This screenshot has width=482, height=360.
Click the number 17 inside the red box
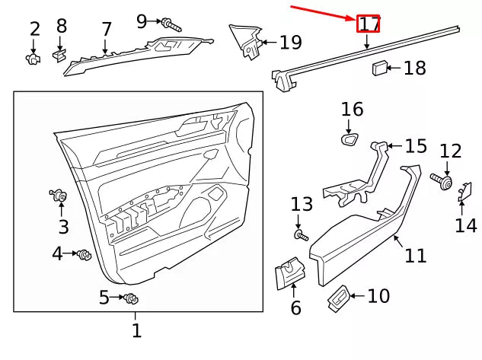[x=369, y=24]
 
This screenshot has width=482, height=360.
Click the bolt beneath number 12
[x=442, y=181]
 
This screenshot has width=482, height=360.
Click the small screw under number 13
[x=302, y=236]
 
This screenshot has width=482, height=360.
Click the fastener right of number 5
[x=129, y=298]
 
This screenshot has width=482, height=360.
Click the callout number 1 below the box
[x=136, y=331]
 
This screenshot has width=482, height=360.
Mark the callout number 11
[x=415, y=256]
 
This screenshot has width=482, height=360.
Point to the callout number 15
[x=416, y=145]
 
